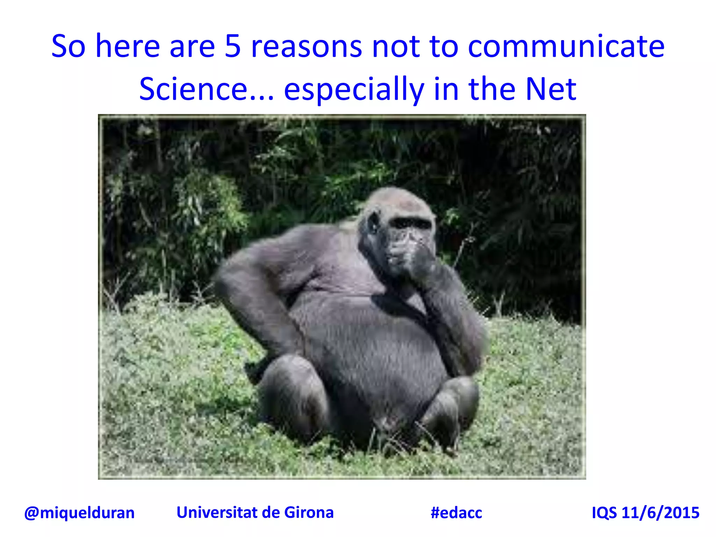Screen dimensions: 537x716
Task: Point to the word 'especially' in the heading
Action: (354, 90)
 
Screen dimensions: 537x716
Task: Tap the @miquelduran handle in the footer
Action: (79, 513)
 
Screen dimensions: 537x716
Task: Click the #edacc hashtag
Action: (456, 513)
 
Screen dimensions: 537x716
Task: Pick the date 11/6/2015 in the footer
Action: (660, 513)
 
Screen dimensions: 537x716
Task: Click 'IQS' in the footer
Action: (604, 513)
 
